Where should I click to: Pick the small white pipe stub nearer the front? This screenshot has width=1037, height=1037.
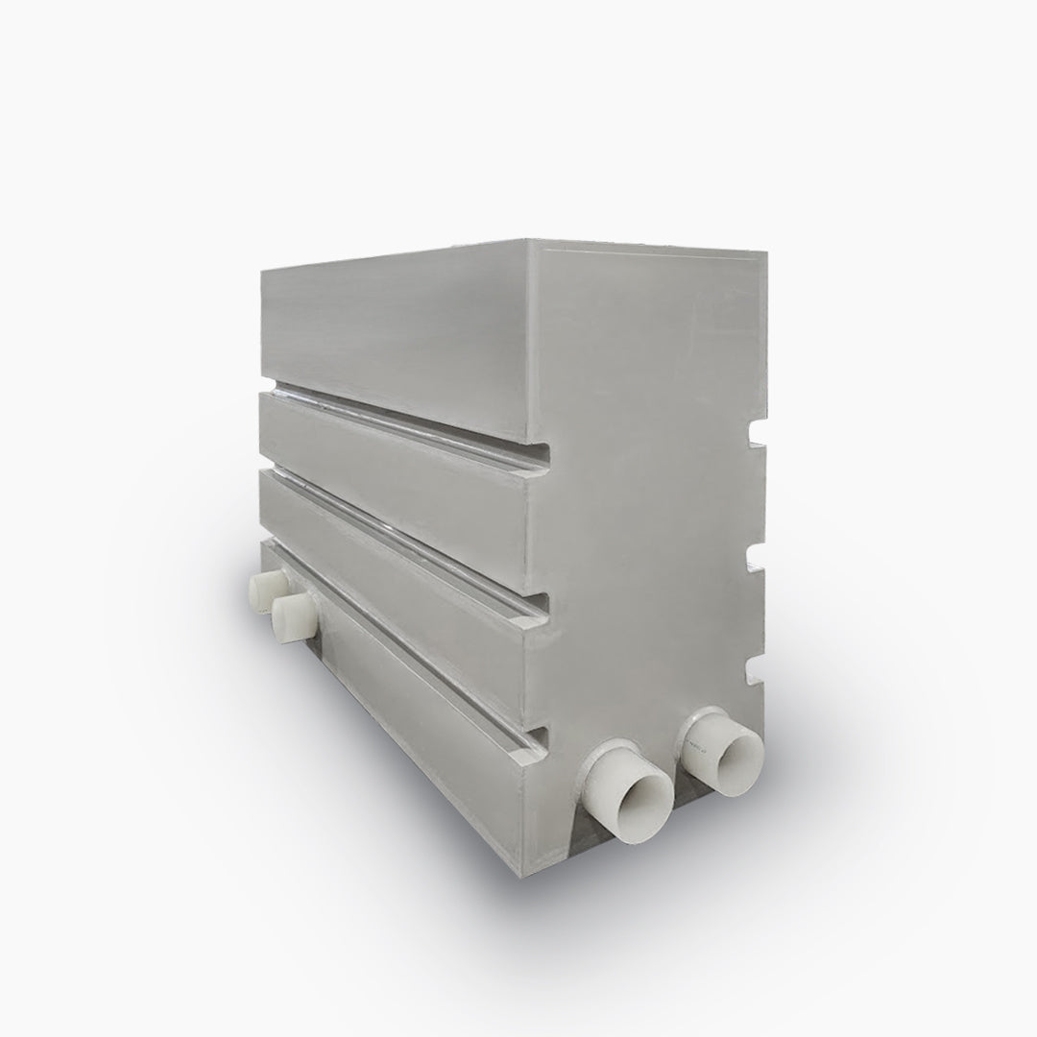click(293, 615)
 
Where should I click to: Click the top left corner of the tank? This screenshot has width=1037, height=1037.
click(263, 272)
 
